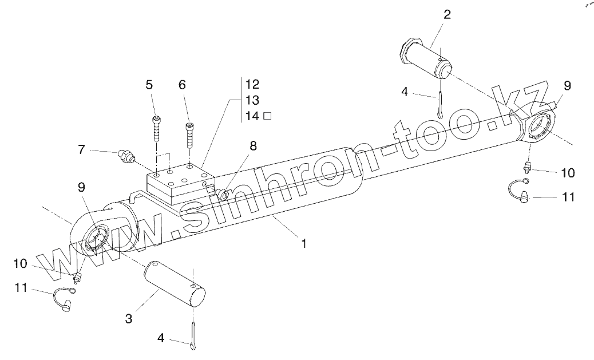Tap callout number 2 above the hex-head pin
point(446,15)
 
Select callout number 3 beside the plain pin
point(129,318)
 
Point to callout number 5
point(149,85)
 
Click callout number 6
point(182,85)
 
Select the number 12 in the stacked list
point(252,84)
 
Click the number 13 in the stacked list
point(252,100)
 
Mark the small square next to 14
point(267,116)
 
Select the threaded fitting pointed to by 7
point(124,156)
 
